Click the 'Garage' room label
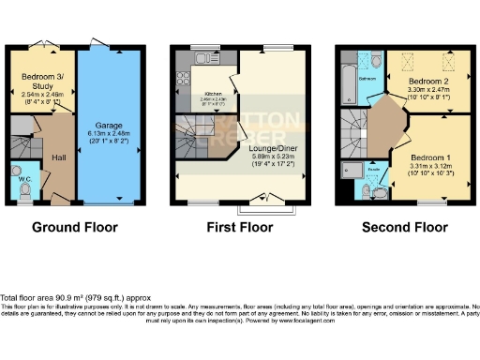click(x=110, y=124)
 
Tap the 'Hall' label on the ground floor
click(x=58, y=157)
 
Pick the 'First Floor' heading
click(x=241, y=227)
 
